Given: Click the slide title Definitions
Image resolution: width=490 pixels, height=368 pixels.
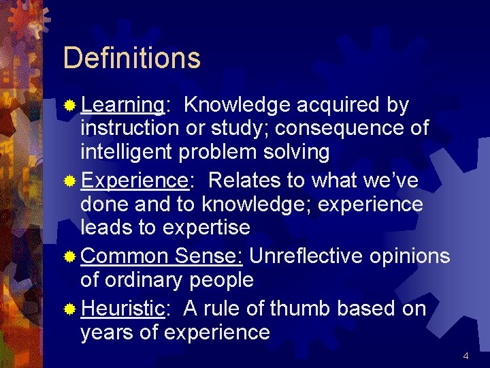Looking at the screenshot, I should (131, 59).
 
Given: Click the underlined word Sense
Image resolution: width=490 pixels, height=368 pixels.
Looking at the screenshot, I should (208, 256).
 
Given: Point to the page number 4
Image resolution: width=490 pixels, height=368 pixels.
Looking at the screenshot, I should (465, 356).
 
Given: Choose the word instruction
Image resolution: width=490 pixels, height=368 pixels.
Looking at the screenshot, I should (129, 128).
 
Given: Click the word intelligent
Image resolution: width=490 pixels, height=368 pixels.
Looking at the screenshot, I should (127, 152).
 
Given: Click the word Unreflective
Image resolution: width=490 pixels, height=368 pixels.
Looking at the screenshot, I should (306, 256).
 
